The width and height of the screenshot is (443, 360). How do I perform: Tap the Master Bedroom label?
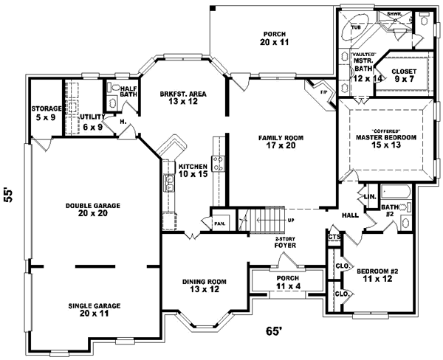point(386,141)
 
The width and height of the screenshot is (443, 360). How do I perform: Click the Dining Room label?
point(205,286)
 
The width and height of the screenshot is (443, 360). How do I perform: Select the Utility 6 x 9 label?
point(92,122)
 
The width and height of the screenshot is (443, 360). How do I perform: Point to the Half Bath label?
point(129,90)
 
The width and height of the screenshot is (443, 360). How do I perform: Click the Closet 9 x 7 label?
point(403,75)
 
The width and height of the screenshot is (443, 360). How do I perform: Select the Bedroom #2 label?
point(377,276)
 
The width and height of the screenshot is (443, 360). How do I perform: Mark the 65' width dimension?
point(274,332)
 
